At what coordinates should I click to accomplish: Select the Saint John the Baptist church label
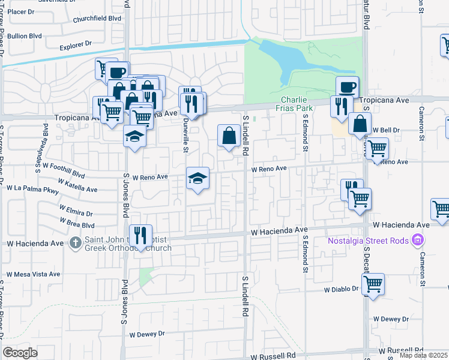(x=128, y=242)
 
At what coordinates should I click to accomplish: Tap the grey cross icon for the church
(x=75, y=243)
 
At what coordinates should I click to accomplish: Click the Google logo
(x=20, y=353)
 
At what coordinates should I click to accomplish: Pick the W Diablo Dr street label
(x=341, y=289)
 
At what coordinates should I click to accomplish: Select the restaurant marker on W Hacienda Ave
(x=140, y=236)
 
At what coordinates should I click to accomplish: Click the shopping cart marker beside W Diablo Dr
(x=373, y=284)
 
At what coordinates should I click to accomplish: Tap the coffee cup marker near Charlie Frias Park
(x=347, y=87)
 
